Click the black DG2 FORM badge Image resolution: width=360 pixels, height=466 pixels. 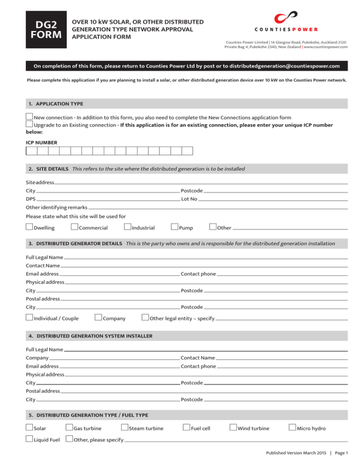click(x=44, y=29)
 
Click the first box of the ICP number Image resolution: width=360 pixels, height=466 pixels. click(x=31, y=151)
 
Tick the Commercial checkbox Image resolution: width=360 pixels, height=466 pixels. click(x=74, y=227)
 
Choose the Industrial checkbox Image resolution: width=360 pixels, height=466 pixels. click(x=127, y=227)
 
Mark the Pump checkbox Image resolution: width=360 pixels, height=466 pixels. click(x=174, y=227)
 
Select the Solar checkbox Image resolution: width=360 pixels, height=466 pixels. click(x=29, y=428)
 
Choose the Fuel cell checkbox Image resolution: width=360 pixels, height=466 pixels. click(x=186, y=428)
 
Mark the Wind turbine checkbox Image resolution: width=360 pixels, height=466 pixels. click(x=233, y=428)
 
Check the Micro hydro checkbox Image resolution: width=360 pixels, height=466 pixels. click(x=292, y=428)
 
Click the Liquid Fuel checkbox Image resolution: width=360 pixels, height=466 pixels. click(x=29, y=439)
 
